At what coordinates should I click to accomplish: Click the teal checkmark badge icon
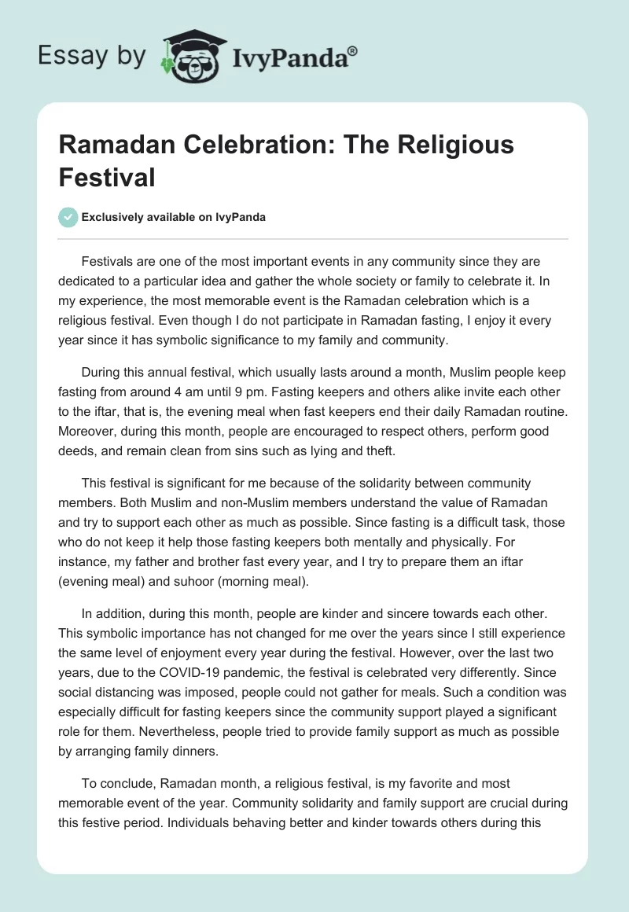tap(68, 217)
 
